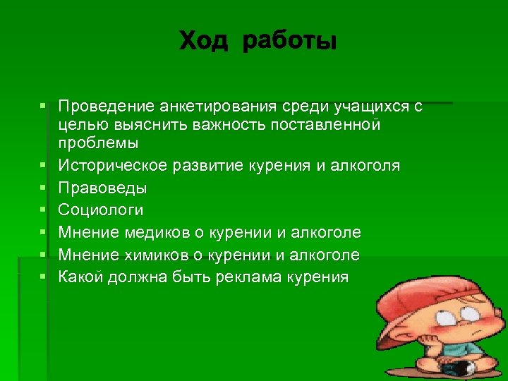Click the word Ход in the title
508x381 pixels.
pos(205,41)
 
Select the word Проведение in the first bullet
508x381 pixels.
pos(106,107)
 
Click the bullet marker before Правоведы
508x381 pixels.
pos(44,188)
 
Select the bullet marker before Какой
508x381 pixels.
pos(44,276)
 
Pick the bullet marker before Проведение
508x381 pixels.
pos(44,106)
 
